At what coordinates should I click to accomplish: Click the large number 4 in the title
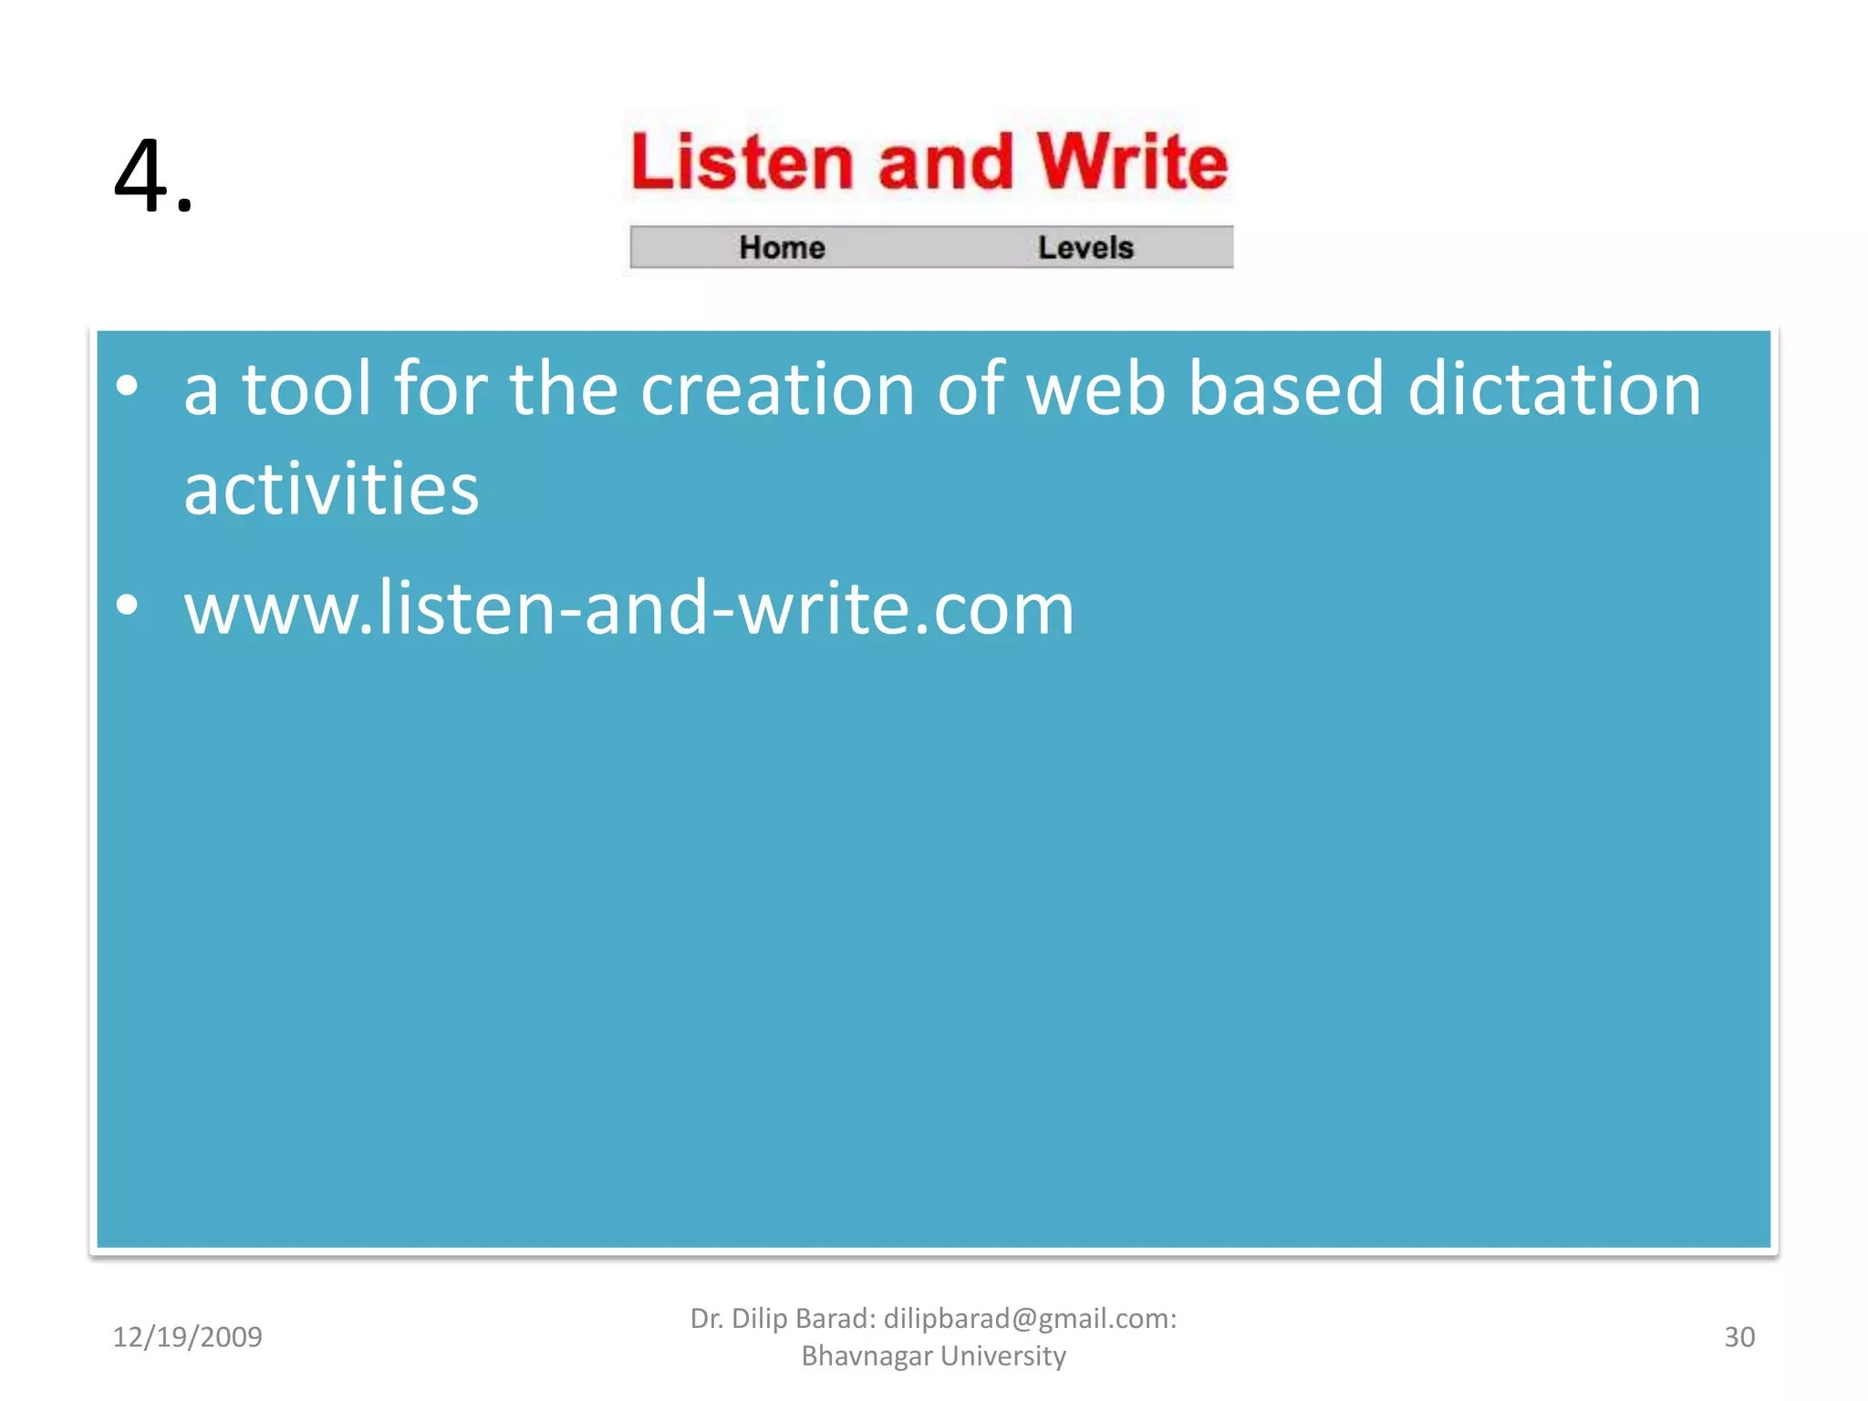point(142,175)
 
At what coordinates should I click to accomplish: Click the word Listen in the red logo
point(742,162)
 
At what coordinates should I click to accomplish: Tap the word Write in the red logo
point(1132,162)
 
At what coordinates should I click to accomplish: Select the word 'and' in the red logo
point(945,162)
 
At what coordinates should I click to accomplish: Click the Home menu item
point(782,247)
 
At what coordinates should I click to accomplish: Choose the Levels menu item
point(1085,247)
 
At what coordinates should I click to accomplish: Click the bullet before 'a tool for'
point(128,386)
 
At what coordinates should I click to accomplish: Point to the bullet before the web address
point(128,605)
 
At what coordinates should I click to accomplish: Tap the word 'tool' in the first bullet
point(306,389)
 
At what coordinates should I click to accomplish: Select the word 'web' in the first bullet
point(1095,389)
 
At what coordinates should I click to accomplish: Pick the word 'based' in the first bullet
point(1286,389)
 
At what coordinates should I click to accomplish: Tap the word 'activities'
point(331,490)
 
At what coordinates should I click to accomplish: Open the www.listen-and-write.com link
point(629,608)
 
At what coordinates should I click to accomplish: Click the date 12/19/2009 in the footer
point(187,1337)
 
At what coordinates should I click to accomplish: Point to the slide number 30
point(1738,1337)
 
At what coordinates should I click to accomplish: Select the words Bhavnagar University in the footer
point(933,1356)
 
